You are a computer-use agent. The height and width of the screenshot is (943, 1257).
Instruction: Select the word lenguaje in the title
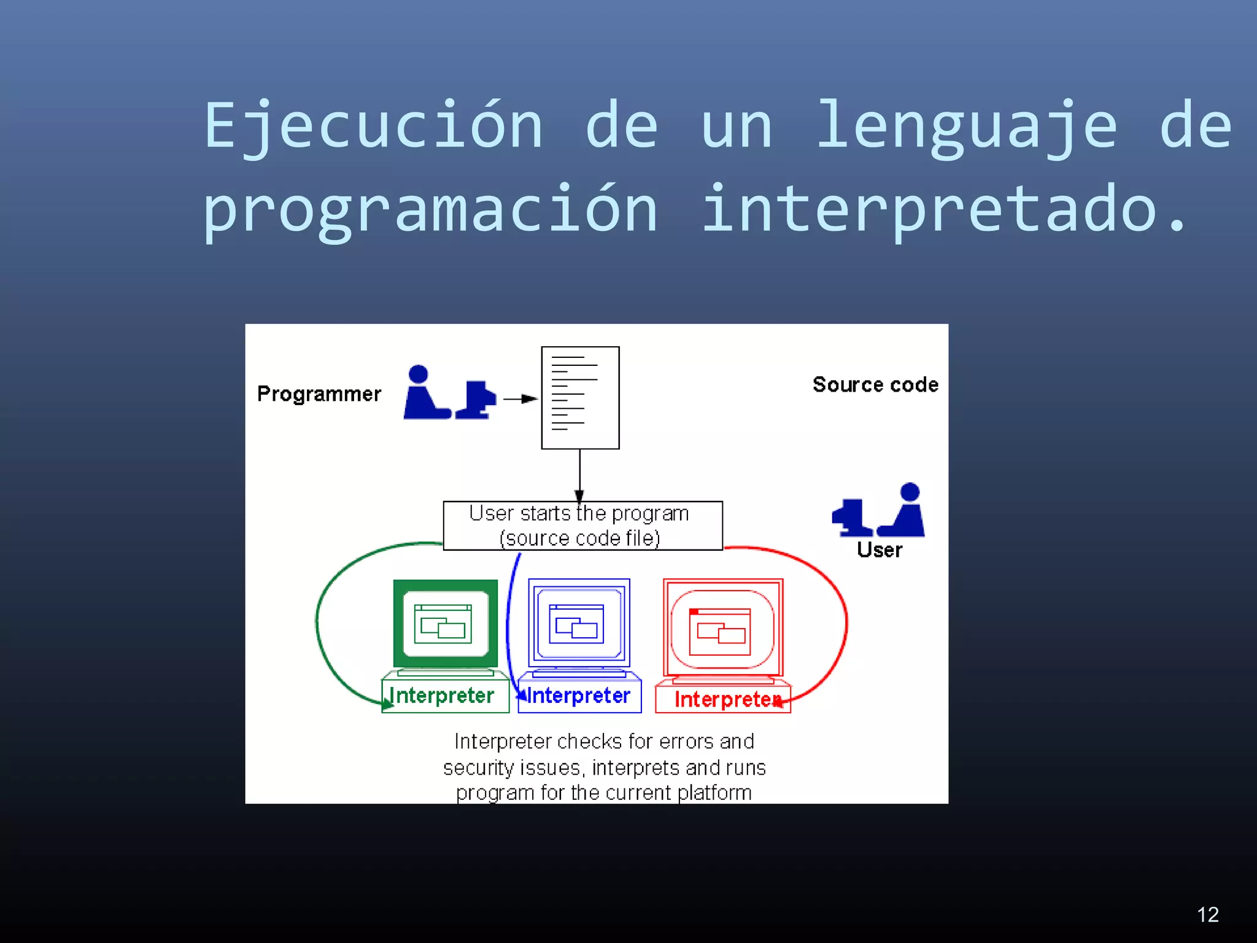point(967,126)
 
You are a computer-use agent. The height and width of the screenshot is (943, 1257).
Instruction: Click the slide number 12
point(1207,915)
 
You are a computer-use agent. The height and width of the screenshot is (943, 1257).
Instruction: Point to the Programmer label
point(319,394)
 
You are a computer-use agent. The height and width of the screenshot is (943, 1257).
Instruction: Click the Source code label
point(875,385)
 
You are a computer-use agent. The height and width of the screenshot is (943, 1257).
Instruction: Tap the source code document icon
point(580,398)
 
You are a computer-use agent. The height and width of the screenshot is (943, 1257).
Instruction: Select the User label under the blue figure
point(880,550)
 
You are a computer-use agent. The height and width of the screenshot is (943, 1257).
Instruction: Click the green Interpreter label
point(443,696)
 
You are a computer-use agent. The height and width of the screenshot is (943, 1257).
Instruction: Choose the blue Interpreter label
point(579,696)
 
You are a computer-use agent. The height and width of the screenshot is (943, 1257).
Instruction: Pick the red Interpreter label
point(727,699)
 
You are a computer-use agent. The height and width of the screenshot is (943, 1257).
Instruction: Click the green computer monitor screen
point(445,624)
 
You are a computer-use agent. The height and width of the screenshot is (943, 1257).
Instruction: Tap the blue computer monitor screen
point(579,624)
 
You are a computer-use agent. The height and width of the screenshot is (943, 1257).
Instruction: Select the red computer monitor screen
point(722,629)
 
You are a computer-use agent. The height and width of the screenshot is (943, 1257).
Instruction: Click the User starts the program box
point(582,526)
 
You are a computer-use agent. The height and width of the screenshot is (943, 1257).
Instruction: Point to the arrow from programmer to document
point(520,399)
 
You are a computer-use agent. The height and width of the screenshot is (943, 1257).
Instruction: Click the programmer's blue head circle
point(418,374)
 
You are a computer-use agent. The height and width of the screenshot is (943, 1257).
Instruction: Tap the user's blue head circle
point(910,492)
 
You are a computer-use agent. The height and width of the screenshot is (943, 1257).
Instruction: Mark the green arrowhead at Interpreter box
point(387,705)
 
